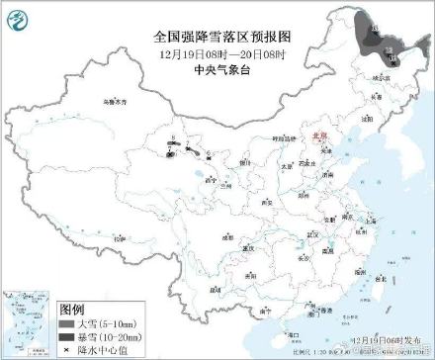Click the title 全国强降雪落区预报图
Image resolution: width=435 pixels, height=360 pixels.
[218, 34]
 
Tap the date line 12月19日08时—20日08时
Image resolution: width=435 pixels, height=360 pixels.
[218, 51]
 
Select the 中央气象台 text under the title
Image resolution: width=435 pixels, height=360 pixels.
[218, 68]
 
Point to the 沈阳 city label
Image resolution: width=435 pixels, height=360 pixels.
[368, 117]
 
